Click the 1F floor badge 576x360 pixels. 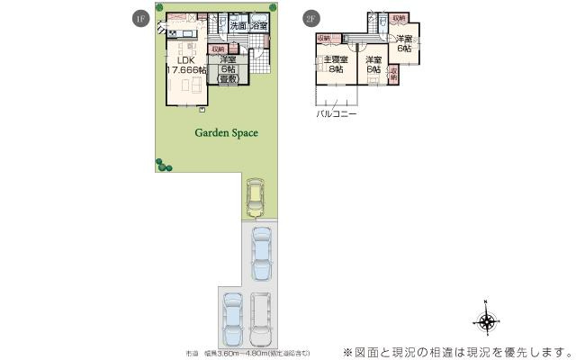pos(139,19)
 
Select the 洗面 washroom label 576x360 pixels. pos(238,26)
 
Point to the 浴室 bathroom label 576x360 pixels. pos(259,26)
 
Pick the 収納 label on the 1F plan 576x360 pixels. pos(217,49)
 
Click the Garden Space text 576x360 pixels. pos(227,132)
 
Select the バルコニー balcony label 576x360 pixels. pos(336,115)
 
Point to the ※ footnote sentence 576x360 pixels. pos(456,350)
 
